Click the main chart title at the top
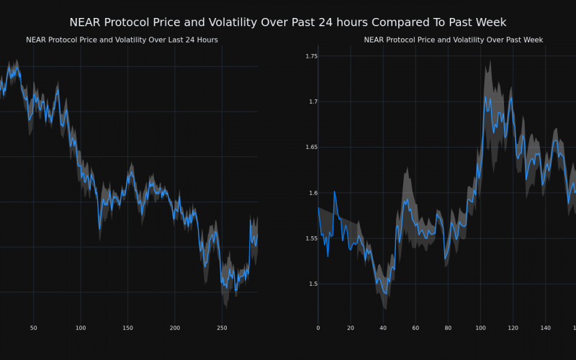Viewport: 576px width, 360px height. pos(288,22)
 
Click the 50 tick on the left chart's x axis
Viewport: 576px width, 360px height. pos(33,328)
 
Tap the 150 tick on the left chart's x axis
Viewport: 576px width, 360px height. pos(127,328)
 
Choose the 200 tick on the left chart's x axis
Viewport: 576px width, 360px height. pos(175,328)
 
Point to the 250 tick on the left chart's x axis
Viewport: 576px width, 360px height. pos(222,328)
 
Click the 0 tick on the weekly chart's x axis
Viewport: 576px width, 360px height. pos(318,328)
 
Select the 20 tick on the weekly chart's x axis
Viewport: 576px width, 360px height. pos(351,328)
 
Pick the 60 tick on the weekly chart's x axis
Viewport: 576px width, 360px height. pos(415,328)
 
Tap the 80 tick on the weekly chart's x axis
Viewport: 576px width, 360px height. pos(448,328)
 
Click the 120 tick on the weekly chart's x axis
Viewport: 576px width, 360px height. pos(513,328)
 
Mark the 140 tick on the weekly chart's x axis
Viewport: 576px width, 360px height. pos(545,328)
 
